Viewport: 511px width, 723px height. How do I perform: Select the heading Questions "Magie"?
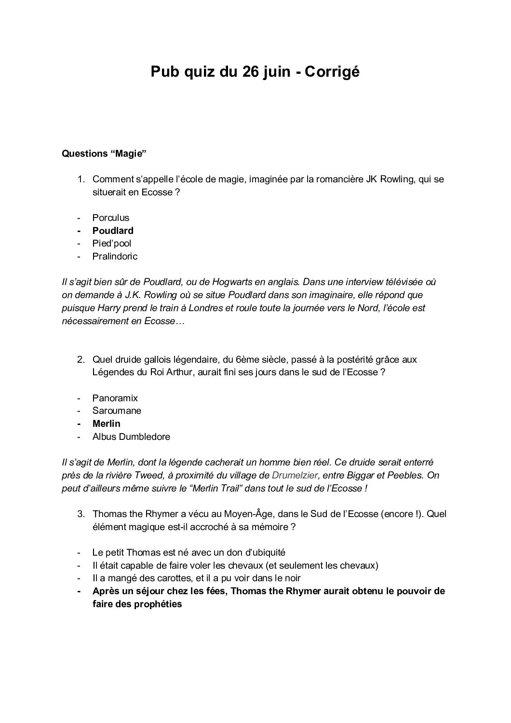(104, 154)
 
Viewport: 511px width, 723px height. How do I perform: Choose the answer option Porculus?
(111, 218)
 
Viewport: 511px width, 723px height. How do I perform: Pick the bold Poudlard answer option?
(113, 231)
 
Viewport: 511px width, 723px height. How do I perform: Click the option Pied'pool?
(112, 244)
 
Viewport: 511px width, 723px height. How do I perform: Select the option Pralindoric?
(115, 257)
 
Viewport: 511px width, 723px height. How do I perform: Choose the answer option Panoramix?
(115, 398)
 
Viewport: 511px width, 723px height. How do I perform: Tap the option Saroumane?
(117, 411)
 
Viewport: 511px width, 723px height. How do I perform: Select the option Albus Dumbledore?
(131, 437)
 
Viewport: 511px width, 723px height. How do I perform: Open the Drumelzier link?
(295, 476)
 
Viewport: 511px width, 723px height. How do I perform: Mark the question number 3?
(81, 514)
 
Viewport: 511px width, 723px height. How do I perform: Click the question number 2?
(81, 359)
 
